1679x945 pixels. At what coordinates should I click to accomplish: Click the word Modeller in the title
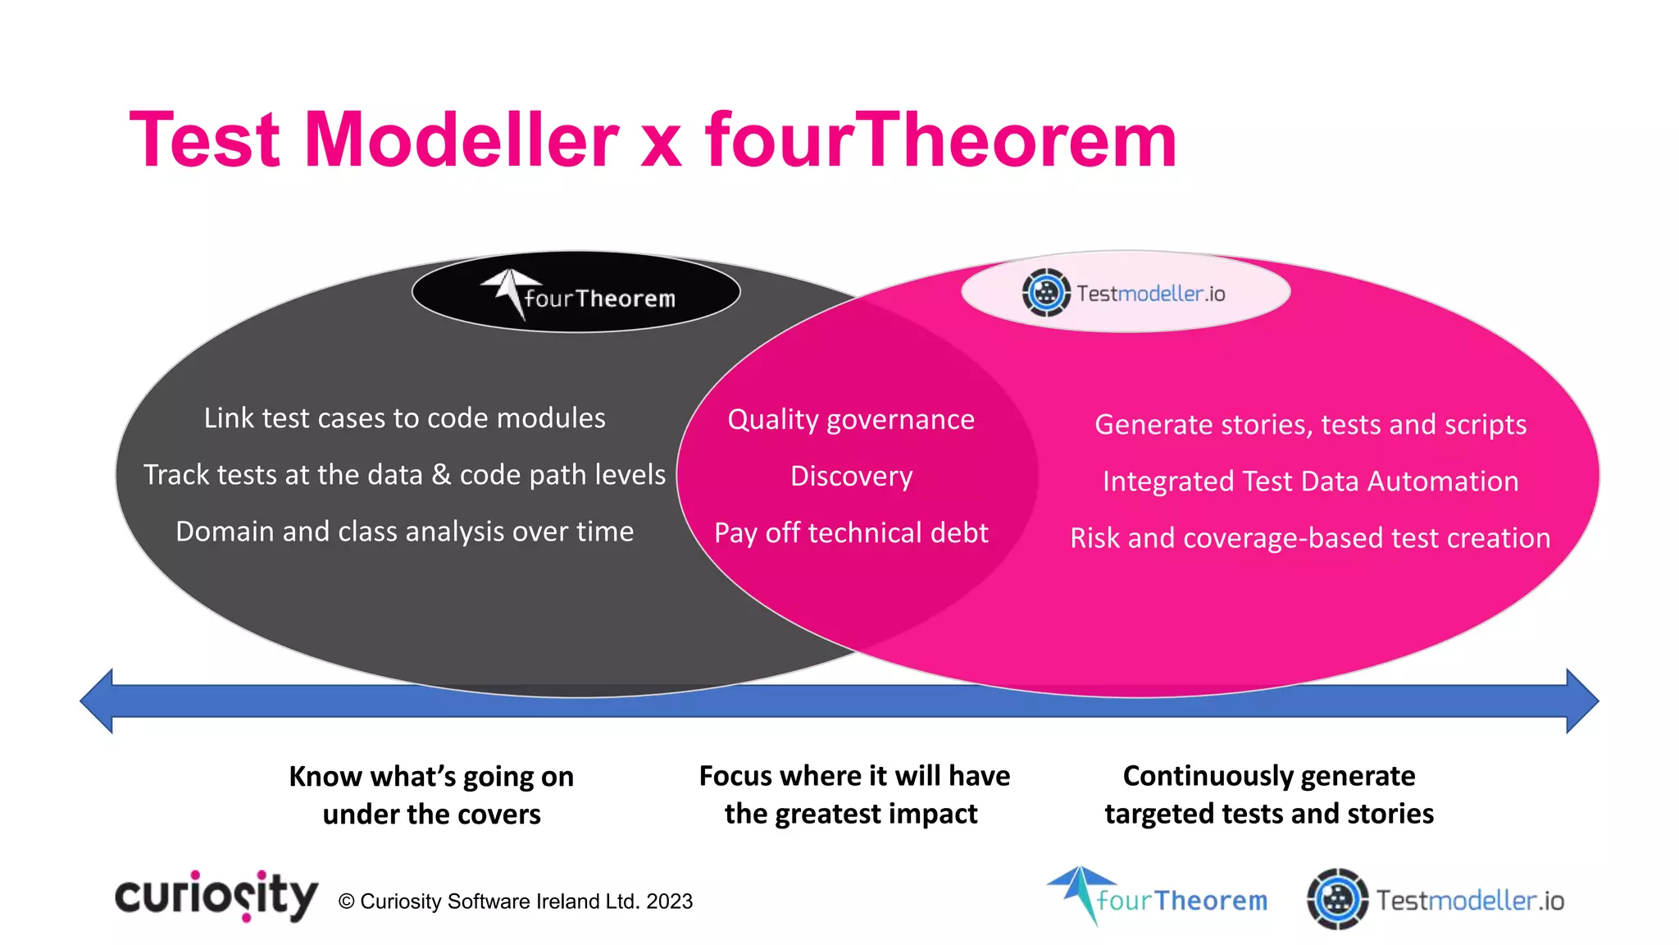(x=461, y=140)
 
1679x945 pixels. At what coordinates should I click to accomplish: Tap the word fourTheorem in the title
(x=940, y=140)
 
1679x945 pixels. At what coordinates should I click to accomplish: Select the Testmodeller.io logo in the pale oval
(x=1125, y=293)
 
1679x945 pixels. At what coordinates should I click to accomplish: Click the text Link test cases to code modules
(x=404, y=418)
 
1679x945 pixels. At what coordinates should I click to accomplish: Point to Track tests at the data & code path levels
(x=404, y=475)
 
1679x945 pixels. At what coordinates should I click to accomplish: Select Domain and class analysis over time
(x=404, y=532)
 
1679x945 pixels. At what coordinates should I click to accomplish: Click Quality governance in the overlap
(x=851, y=420)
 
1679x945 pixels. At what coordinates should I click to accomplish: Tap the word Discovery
(x=851, y=477)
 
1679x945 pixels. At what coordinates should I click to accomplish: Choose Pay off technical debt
(x=851, y=533)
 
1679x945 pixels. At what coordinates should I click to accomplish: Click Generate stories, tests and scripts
(x=1310, y=425)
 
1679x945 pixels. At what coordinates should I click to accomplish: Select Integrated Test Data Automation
(x=1310, y=482)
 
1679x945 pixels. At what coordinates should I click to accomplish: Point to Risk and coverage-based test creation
(x=1310, y=538)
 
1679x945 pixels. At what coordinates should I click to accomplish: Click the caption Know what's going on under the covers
(x=431, y=795)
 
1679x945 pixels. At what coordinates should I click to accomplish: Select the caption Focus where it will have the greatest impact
(x=853, y=794)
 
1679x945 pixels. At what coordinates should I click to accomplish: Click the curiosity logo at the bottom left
(x=216, y=897)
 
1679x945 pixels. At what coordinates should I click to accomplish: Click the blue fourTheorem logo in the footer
(x=1157, y=898)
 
